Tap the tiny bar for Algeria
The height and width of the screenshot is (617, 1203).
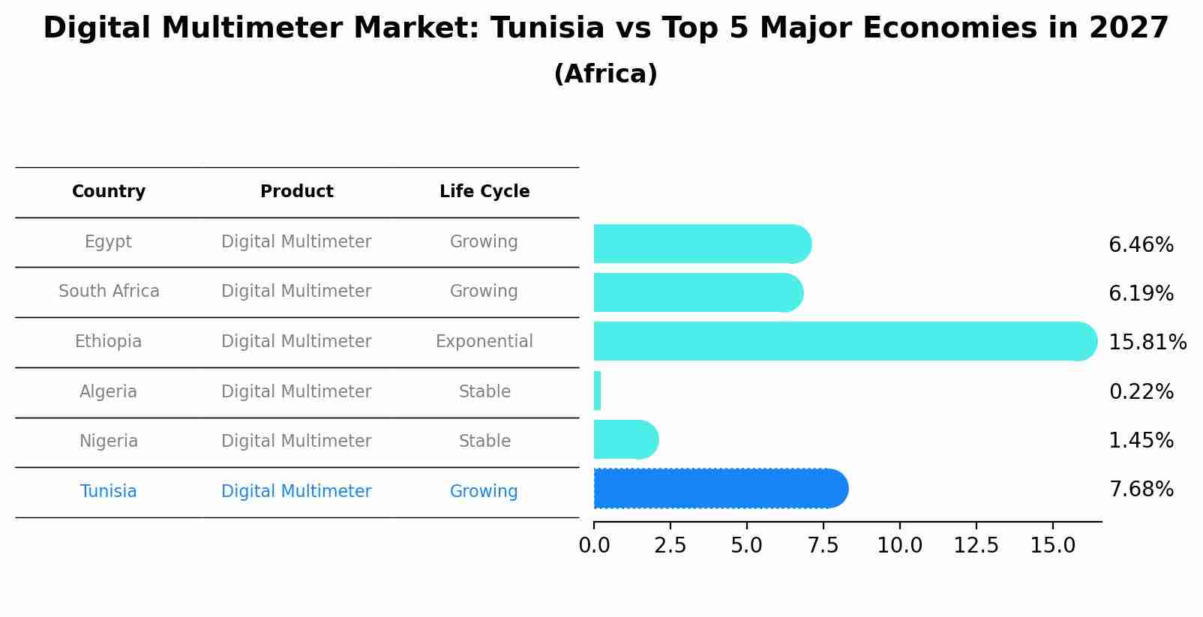coord(597,391)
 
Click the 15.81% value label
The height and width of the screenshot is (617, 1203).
coord(1147,343)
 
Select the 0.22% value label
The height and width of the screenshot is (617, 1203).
coord(1141,391)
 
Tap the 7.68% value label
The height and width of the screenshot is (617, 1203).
coord(1141,490)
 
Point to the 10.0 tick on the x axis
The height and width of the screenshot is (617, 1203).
coord(899,545)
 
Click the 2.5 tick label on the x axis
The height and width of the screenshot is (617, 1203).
coord(670,545)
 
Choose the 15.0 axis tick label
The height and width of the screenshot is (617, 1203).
coord(1052,545)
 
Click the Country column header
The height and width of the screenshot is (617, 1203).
coord(109,192)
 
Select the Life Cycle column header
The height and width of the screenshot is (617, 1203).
coord(484,192)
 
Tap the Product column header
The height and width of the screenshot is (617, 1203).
coord(296,192)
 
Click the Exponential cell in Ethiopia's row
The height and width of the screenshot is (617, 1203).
coord(484,342)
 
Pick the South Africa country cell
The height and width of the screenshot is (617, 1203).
coord(109,292)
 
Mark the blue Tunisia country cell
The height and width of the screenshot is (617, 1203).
coord(109,492)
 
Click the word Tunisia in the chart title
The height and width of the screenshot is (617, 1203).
coord(547,28)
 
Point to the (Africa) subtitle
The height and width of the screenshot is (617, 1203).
coord(605,74)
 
